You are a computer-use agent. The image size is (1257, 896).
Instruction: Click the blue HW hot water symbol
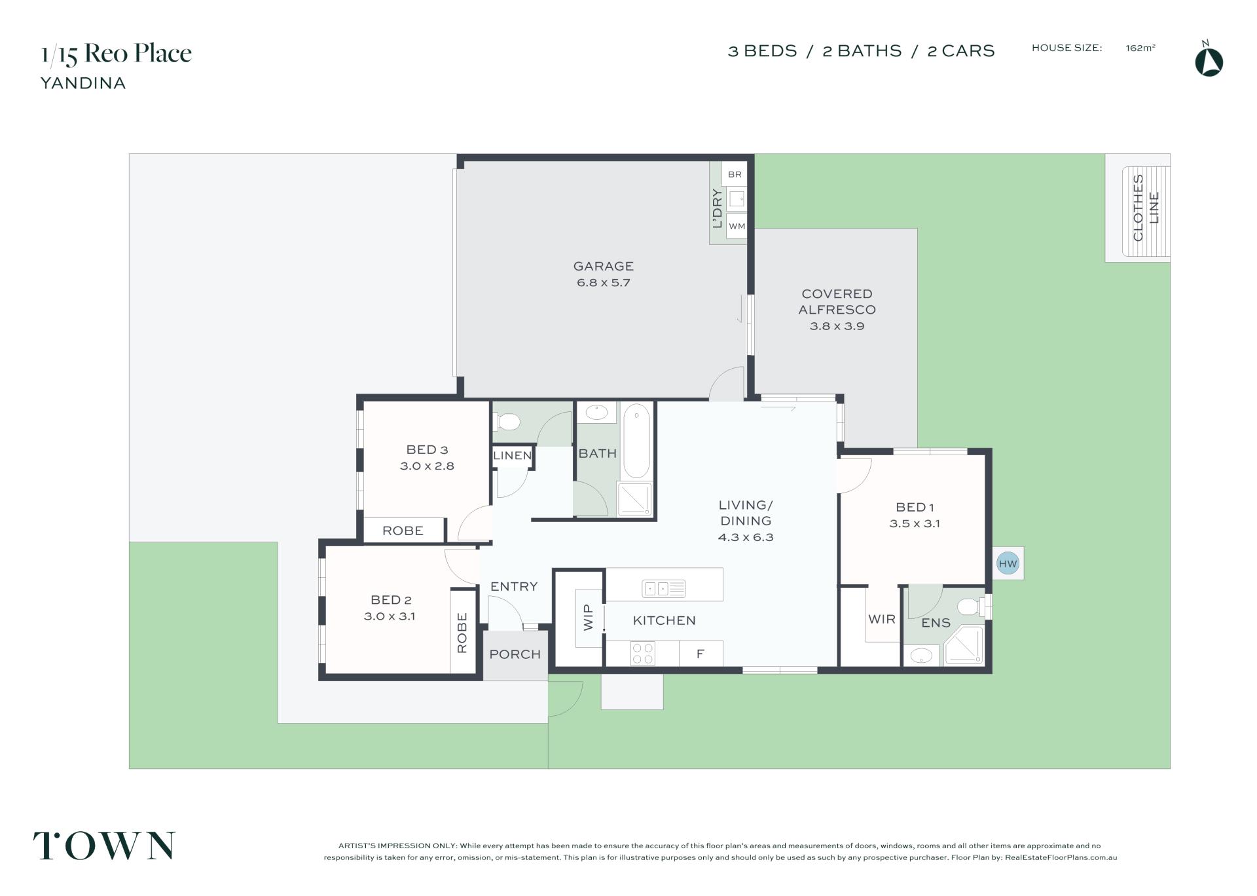point(1008,563)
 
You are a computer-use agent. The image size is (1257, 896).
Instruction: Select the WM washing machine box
point(737,227)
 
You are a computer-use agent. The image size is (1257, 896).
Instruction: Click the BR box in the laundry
point(735,174)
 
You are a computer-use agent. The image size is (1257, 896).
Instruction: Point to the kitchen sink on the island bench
point(663,589)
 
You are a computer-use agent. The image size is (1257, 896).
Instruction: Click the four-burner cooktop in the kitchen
point(642,653)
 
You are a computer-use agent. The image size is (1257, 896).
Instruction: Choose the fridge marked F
point(701,654)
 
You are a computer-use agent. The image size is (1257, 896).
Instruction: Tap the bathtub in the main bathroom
point(636,441)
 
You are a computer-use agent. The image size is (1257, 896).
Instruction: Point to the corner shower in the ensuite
point(964,646)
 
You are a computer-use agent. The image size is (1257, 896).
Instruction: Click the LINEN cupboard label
point(513,456)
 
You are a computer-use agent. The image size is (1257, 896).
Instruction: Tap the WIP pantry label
point(588,618)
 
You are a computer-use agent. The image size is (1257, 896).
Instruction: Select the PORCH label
point(515,654)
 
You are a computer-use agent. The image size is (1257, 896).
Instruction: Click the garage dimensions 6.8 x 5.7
point(604,283)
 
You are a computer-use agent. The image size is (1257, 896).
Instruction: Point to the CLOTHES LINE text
point(1146,208)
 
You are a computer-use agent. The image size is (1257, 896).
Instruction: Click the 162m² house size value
point(1140,48)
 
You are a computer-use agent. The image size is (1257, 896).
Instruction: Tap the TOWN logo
point(105,846)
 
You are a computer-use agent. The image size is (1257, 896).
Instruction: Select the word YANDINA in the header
point(83,83)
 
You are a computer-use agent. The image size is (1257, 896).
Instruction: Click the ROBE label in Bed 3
point(403,531)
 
